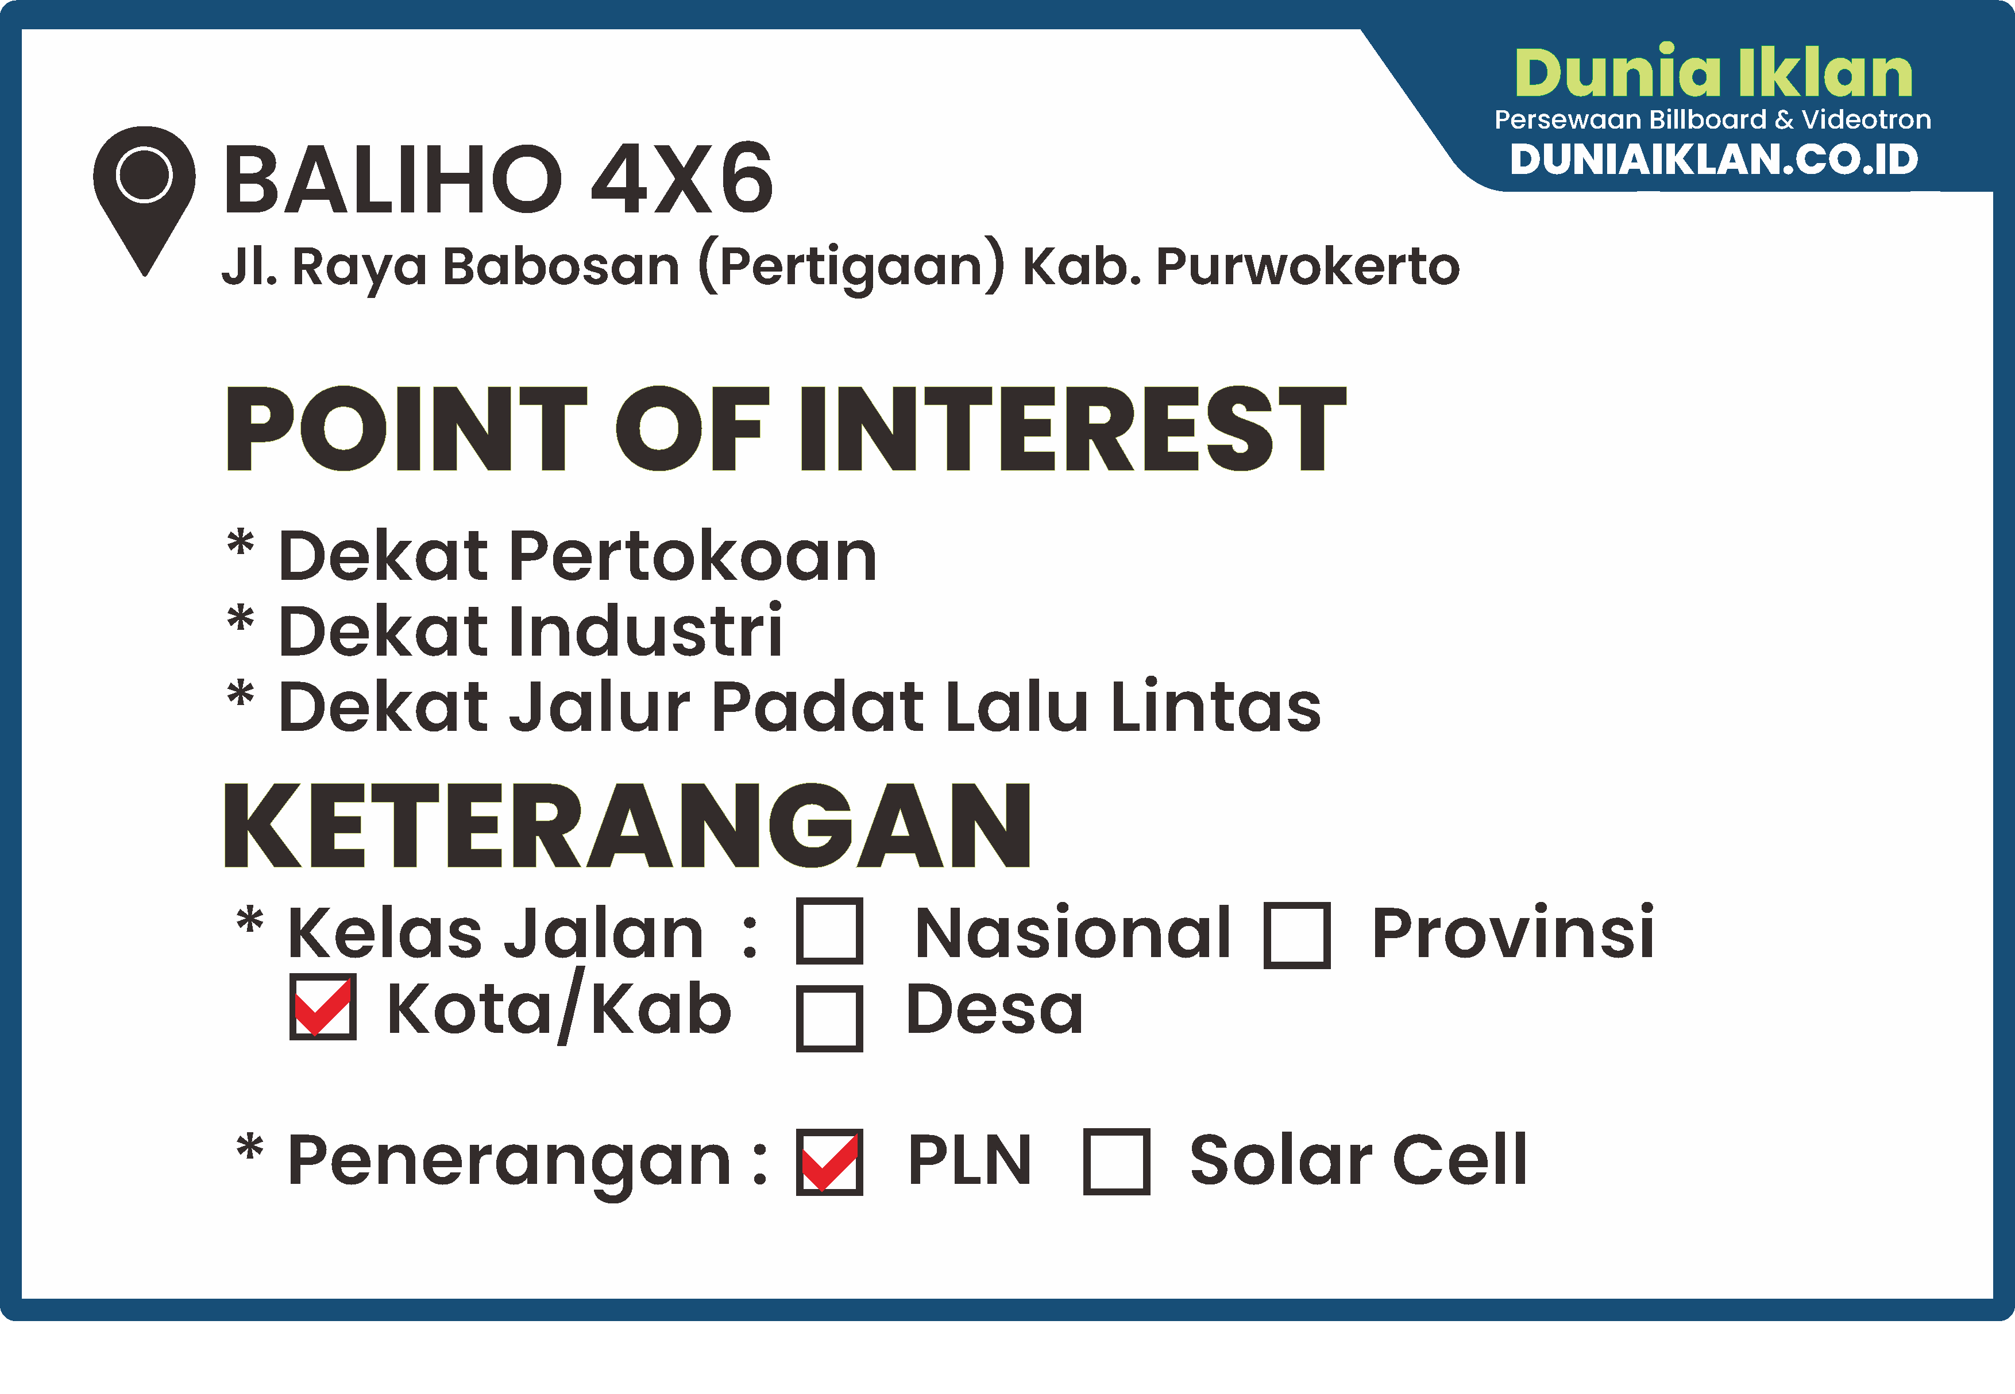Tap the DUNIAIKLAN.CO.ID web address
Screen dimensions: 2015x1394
pos(1713,159)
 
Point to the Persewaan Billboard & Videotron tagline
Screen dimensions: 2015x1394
pos(1713,119)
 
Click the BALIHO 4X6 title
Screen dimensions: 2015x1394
pos(498,179)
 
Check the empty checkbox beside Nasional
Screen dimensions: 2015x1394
pos(829,931)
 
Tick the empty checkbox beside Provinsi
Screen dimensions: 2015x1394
pos(1297,935)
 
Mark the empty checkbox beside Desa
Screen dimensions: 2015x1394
pos(829,1019)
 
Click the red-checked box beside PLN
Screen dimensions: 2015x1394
pos(829,1161)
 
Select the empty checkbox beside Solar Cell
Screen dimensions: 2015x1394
pos(1116,1161)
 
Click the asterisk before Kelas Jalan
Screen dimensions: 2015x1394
pos(250,920)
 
